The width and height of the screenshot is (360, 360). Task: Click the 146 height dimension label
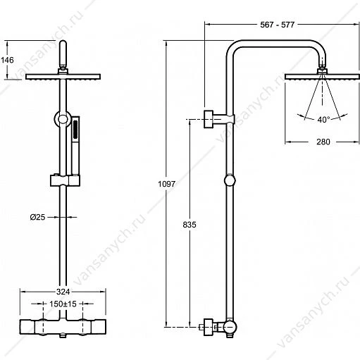pyautogui.click(x=7, y=60)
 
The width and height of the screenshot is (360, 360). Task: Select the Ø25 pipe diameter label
pyautogui.click(x=37, y=217)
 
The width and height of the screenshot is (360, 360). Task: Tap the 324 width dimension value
pyautogui.click(x=63, y=292)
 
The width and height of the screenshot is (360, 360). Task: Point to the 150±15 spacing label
pyautogui.click(x=63, y=304)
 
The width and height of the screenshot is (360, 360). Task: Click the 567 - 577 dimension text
pyautogui.click(x=277, y=25)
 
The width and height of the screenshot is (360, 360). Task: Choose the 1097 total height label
pyautogui.click(x=166, y=184)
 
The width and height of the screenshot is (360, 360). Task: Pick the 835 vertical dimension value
pyautogui.click(x=190, y=225)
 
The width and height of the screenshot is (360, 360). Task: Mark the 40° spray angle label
pyautogui.click(x=323, y=120)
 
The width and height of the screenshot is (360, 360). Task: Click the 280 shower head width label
pyautogui.click(x=323, y=142)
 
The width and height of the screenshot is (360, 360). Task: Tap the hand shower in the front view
pyautogui.click(x=75, y=146)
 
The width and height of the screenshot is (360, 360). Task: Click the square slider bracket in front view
pyautogui.click(x=65, y=180)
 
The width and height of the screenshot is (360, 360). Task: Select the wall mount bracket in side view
pyautogui.click(x=219, y=119)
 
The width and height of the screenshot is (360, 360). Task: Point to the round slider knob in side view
pyautogui.click(x=230, y=180)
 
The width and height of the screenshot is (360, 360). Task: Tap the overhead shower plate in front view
pyautogui.click(x=63, y=77)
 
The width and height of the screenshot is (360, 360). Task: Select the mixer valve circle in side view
pyautogui.click(x=230, y=327)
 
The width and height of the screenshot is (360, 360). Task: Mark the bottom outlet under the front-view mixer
pyautogui.click(x=63, y=336)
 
